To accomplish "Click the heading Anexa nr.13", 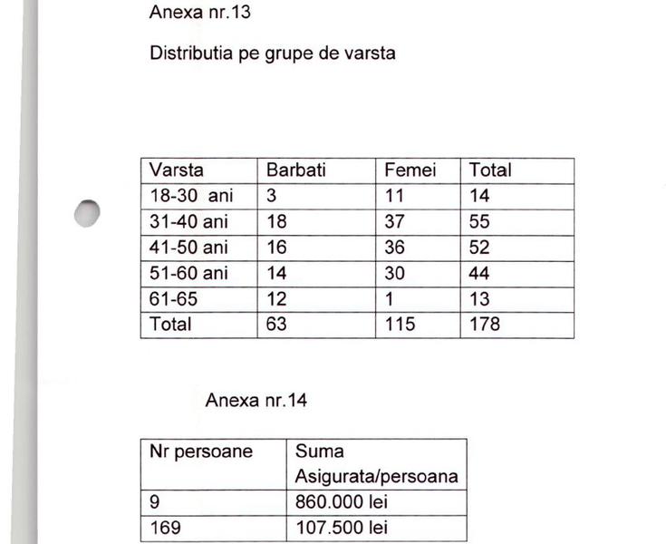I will click(200, 14).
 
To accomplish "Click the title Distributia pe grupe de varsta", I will click(272, 53).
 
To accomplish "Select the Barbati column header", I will click(295, 170).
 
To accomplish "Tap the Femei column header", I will click(410, 170).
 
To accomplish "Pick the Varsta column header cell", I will click(177, 170).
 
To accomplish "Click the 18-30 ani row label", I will click(191, 196).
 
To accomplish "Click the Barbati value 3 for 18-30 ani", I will click(271, 196).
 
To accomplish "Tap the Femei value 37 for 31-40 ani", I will click(396, 221).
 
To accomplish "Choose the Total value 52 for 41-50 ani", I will click(481, 248).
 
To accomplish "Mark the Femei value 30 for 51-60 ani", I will click(396, 273).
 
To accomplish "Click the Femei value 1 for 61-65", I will click(390, 298).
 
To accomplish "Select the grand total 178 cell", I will click(485, 324).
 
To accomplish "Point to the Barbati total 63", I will click(276, 324).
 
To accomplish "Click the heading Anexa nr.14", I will click(256, 400).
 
